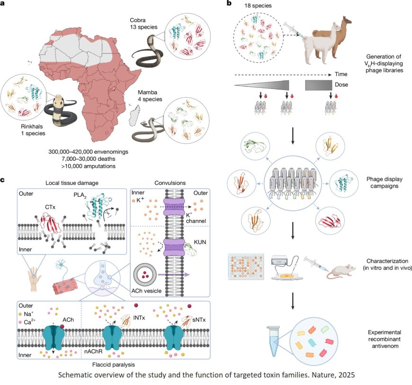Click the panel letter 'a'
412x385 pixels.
4,4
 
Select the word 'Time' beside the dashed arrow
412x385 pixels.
341,74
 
